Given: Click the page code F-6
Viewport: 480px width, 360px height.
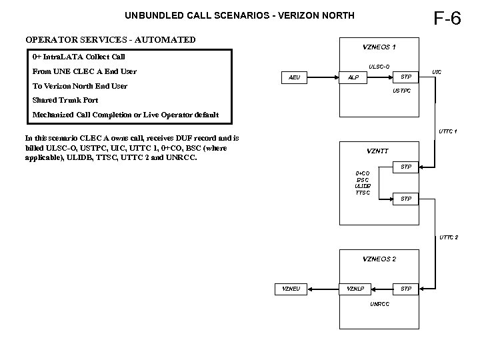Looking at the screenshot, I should click(447, 18).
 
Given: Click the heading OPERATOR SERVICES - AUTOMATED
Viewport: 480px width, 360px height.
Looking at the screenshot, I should click(110, 39).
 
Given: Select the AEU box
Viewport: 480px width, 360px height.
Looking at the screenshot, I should click(294, 77).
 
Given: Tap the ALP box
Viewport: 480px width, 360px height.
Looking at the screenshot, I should click(353, 77).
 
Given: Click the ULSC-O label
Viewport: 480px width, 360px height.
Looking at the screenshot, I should click(379, 66).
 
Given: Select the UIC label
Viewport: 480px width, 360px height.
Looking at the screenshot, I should click(437, 71).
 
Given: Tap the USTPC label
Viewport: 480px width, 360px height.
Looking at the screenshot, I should click(402, 90).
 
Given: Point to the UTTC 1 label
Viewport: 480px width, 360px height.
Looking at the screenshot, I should click(447, 131).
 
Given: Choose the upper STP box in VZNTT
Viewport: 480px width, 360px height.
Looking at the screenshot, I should click(405, 167).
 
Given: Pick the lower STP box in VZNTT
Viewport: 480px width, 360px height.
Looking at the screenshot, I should click(405, 199).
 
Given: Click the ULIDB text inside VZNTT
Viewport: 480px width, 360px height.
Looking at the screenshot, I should click(363, 186).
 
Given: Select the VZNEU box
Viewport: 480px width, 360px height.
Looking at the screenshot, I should click(291, 289).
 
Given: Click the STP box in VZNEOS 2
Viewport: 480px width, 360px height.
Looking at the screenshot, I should click(405, 289).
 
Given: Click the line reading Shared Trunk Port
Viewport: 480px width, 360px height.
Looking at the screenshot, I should click(65, 100).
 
